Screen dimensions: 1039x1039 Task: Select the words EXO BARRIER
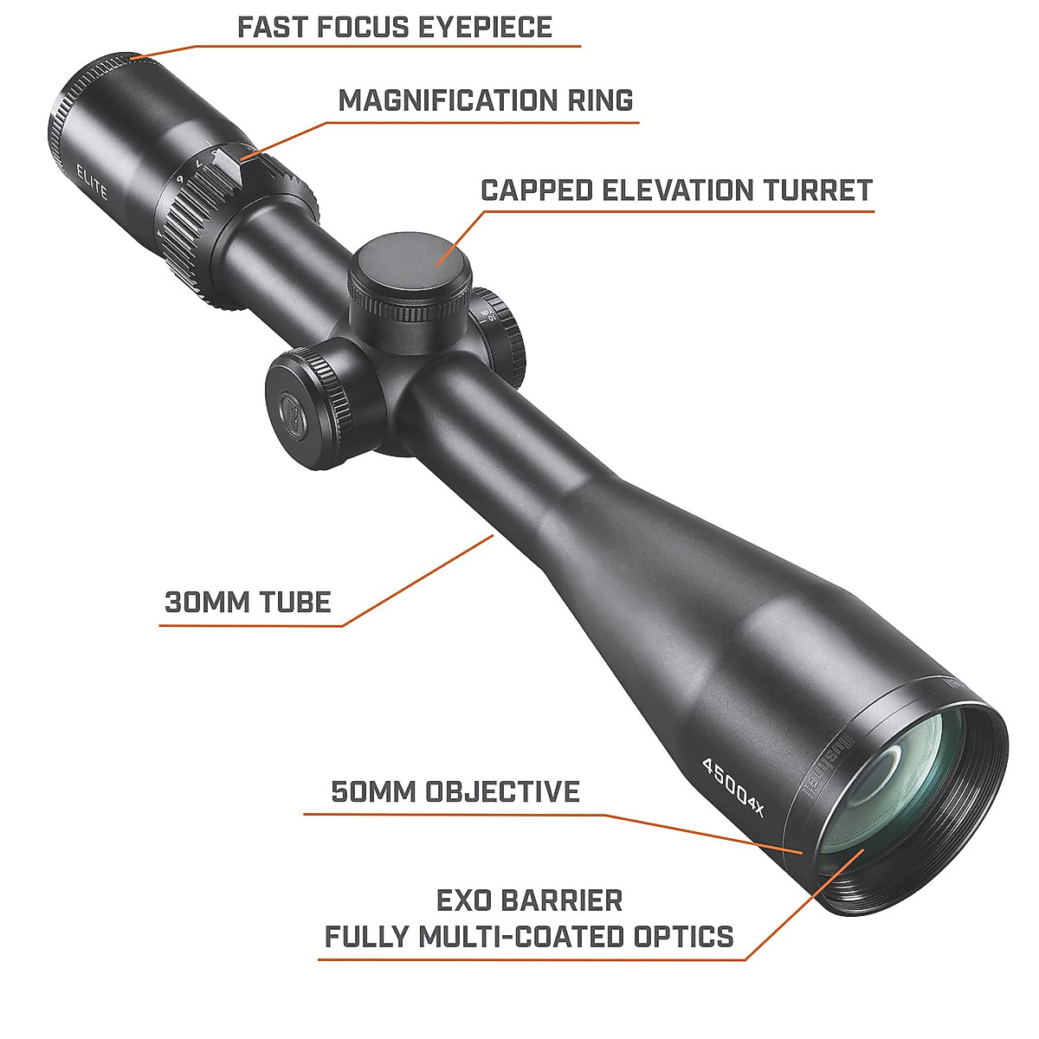tap(529, 900)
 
